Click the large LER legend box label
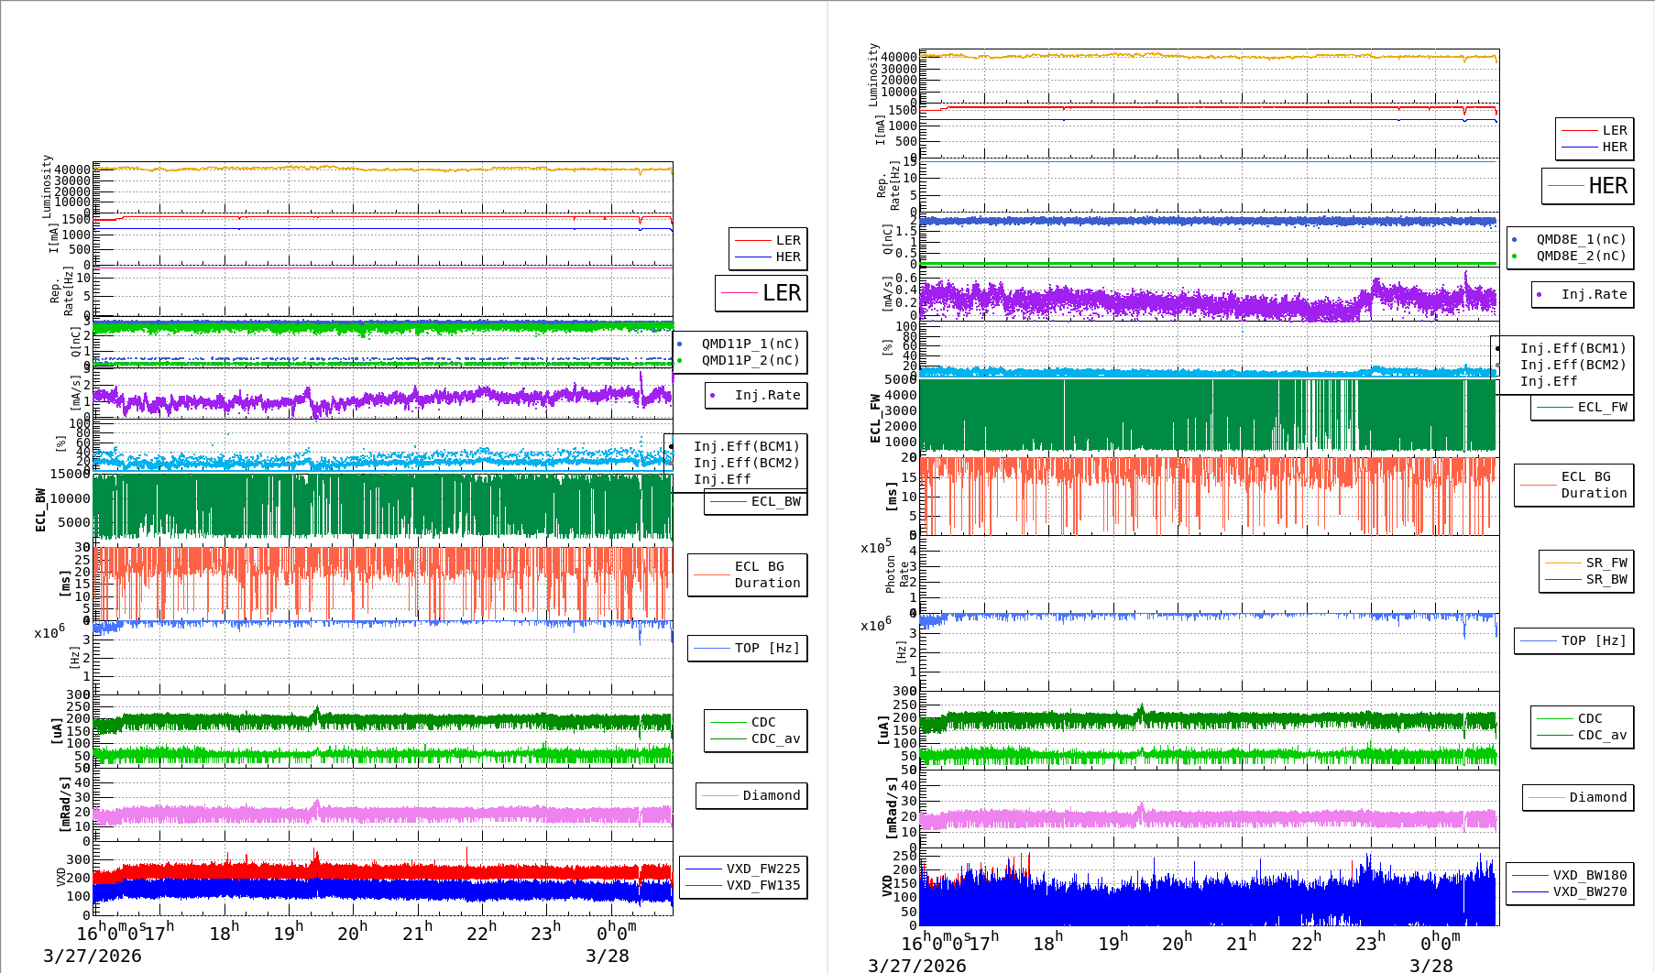click(x=781, y=293)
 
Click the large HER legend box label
click(x=1607, y=186)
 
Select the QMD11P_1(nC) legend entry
click(x=750, y=344)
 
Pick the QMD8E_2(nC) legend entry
click(x=1581, y=256)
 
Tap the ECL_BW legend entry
click(x=775, y=501)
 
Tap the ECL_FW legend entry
click(x=1602, y=407)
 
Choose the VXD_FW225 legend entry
click(x=762, y=869)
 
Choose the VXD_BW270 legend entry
click(x=1589, y=891)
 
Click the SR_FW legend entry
click(x=1606, y=563)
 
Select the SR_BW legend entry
click(x=1606, y=579)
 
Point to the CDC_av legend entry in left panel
click(x=775, y=738)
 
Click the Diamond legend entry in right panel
click(x=1597, y=797)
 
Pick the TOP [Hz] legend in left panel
click(x=766, y=648)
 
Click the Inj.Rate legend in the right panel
click(x=1594, y=294)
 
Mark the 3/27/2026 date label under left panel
click(x=93, y=956)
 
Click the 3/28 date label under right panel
click(x=1430, y=965)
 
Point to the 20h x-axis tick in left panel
click(x=352, y=933)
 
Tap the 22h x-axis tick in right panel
click(x=1306, y=942)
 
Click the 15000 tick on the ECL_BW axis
click(x=70, y=474)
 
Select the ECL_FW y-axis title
click(x=875, y=418)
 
